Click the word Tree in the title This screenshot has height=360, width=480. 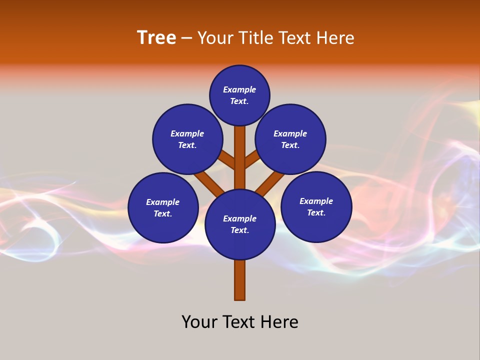[x=156, y=38]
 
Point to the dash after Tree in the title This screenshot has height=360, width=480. [x=186, y=38]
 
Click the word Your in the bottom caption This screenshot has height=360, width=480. [x=200, y=322]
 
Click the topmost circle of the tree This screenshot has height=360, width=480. [x=239, y=95]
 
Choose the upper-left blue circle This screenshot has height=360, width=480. [x=187, y=139]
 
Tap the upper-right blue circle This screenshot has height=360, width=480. [x=290, y=139]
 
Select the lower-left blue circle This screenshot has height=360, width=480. [x=163, y=207]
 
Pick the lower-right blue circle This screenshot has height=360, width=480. [x=316, y=206]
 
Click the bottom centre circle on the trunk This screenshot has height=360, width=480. [x=240, y=224]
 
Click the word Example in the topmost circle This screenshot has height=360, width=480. [x=239, y=90]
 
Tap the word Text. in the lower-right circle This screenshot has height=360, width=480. [x=316, y=212]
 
